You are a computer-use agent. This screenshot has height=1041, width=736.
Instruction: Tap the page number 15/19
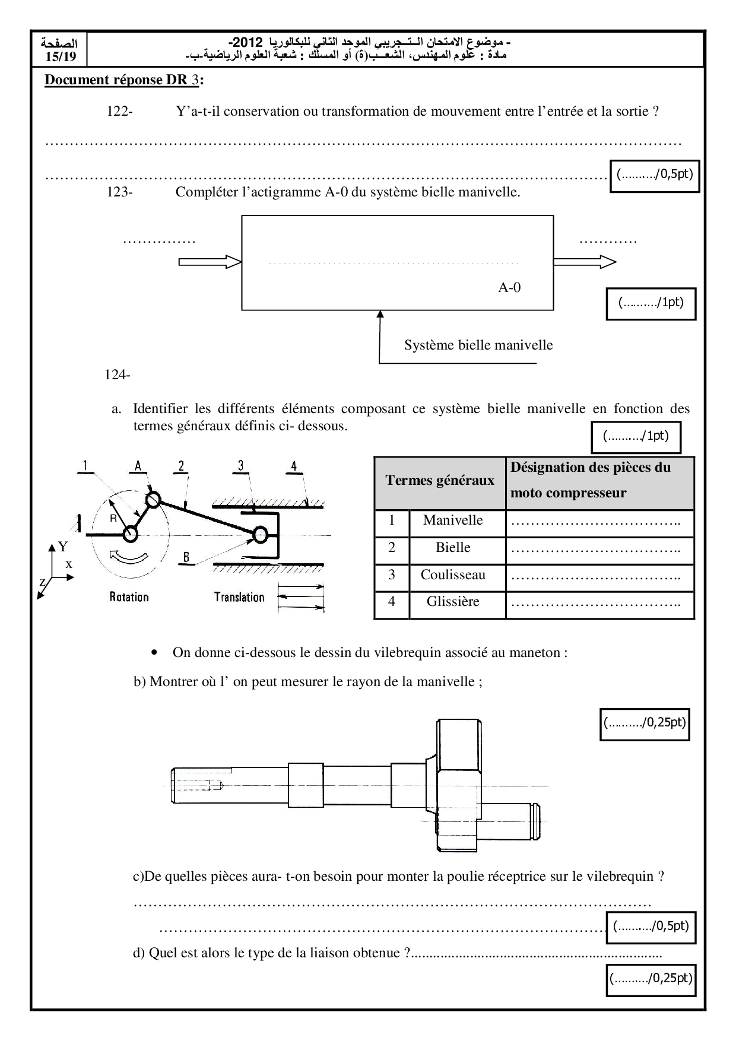click(x=61, y=57)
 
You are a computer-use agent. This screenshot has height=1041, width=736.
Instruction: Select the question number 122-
click(x=119, y=111)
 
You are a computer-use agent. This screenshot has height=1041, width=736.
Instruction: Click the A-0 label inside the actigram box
click(x=509, y=288)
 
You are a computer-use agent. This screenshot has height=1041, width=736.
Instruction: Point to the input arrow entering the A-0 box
click(x=210, y=262)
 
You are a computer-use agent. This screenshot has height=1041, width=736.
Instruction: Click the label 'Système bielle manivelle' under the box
click(x=478, y=345)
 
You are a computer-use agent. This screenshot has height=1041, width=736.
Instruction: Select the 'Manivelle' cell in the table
click(x=453, y=520)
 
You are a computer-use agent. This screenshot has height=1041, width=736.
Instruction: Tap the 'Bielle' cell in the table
click(x=453, y=548)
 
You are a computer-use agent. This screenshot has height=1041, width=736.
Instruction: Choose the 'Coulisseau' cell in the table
click(x=453, y=575)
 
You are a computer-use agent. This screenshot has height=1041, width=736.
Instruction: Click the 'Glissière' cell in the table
click(x=453, y=602)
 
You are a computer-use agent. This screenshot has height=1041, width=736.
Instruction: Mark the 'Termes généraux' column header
click(x=440, y=481)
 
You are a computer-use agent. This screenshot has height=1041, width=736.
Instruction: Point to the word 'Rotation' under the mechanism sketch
click(x=129, y=597)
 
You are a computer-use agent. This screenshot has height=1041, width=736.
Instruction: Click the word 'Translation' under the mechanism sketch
click(x=239, y=597)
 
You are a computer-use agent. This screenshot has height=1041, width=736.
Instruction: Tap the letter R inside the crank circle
click(x=113, y=518)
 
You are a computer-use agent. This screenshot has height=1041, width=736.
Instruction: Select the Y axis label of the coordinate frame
click(x=63, y=546)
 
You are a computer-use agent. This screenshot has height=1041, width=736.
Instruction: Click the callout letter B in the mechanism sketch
click(x=186, y=557)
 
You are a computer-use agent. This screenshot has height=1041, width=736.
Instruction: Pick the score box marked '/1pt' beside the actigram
click(x=651, y=303)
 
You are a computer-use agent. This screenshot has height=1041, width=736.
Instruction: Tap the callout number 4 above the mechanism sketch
click(x=294, y=466)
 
